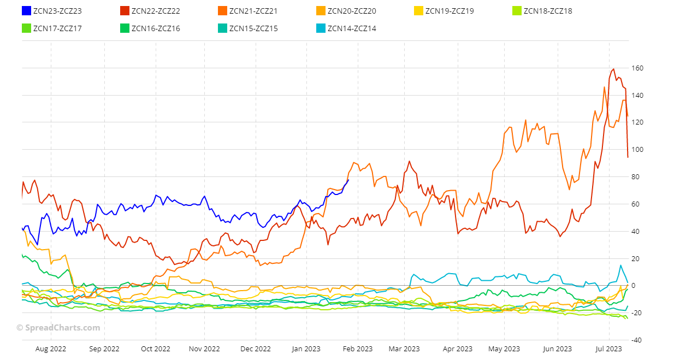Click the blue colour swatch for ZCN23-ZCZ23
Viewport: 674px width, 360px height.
pos(26,11)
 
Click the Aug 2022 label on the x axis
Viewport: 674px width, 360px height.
pos(50,349)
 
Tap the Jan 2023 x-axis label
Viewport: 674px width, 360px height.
pos(305,349)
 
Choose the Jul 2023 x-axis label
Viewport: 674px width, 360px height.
pos(608,349)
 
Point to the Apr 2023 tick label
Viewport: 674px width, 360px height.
pos(457,349)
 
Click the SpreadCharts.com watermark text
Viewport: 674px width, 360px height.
pos(58,328)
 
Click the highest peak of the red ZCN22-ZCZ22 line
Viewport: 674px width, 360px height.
pos(614,69)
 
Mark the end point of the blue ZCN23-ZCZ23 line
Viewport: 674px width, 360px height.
pos(348,180)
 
